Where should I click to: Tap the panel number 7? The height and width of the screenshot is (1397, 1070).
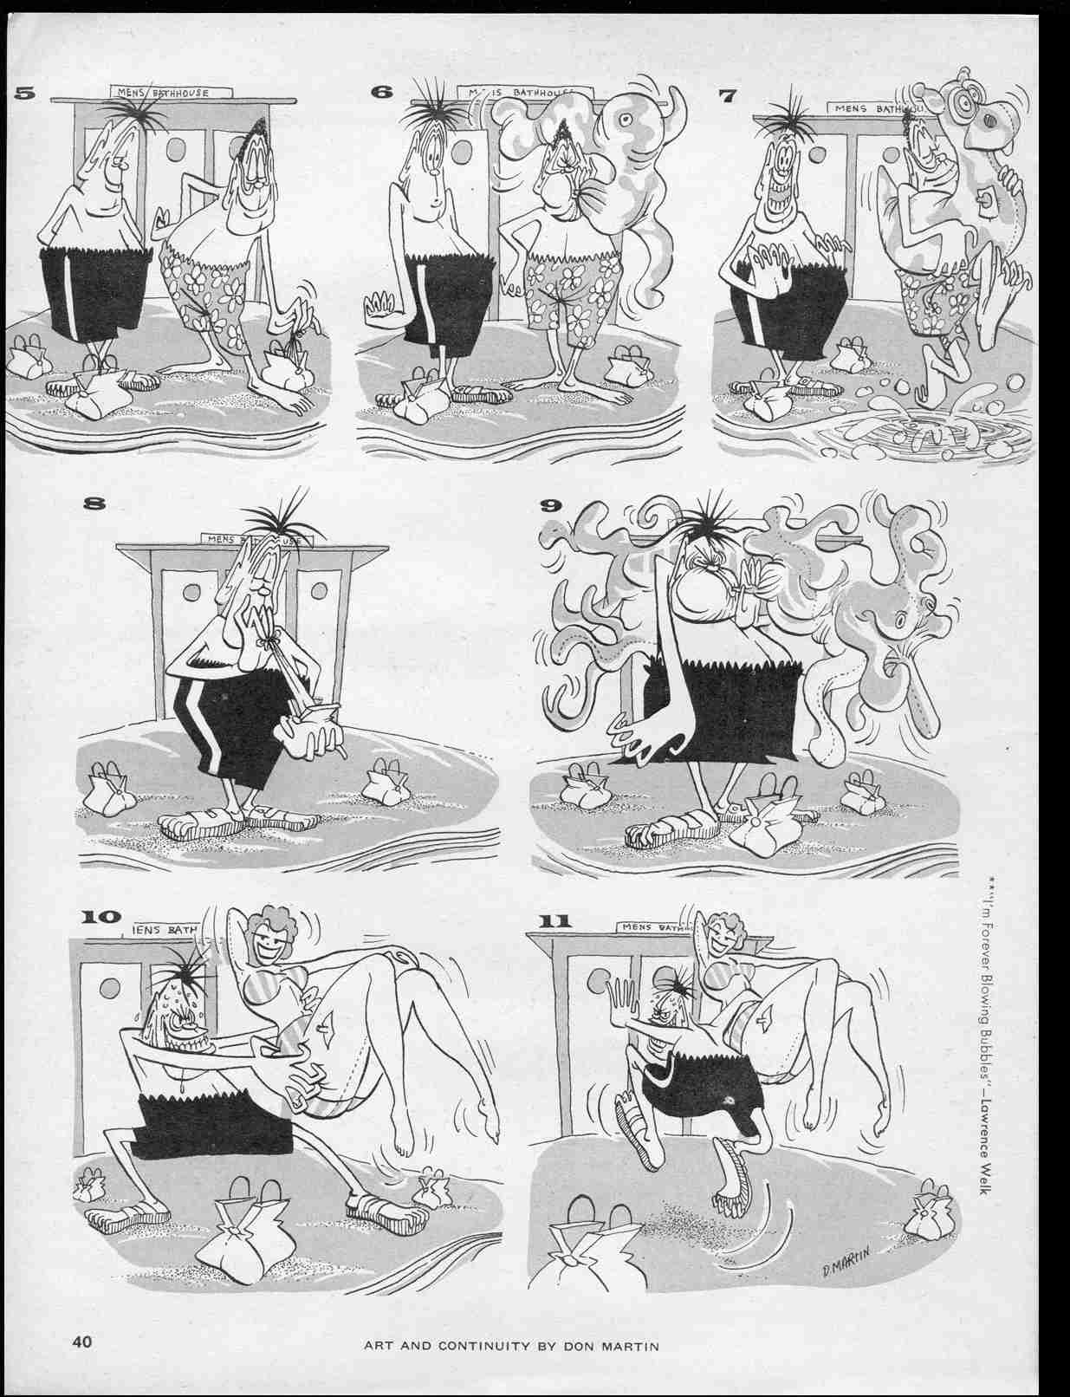727,95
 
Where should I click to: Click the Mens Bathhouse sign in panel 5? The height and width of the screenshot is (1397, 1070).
170,91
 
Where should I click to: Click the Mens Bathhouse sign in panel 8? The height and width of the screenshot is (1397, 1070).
251,539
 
